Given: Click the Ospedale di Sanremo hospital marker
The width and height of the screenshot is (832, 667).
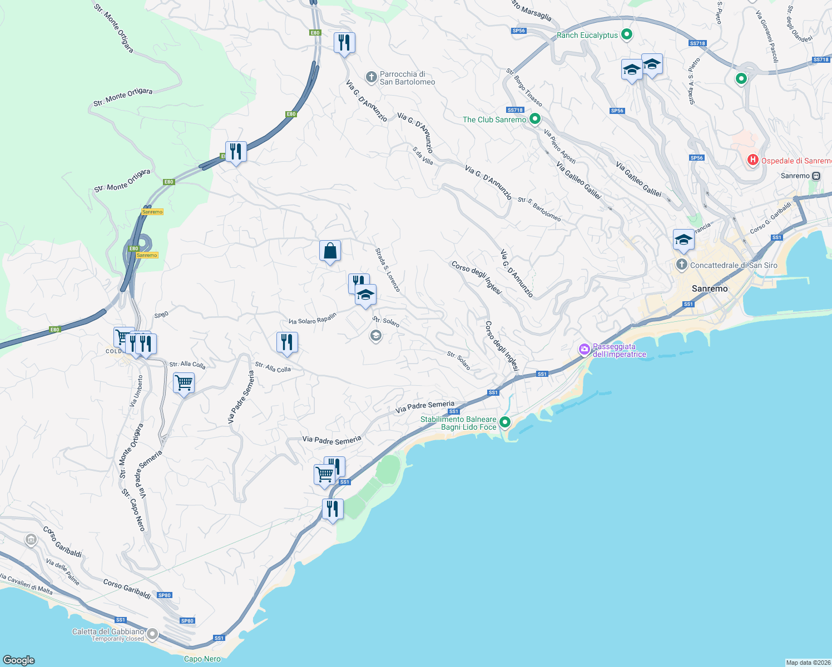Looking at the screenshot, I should pos(752,160).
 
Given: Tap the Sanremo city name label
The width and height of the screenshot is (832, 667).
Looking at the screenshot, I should pos(710,288).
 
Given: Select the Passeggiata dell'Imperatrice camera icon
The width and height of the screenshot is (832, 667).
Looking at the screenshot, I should pos(584,350).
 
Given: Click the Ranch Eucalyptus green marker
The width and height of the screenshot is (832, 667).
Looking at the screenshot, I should pos(627,35).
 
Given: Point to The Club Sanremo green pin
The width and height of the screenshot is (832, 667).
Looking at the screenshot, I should pos(534,119).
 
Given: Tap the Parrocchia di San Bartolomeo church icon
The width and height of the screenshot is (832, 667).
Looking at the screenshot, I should pos(371,76).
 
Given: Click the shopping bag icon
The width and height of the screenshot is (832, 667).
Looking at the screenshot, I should pos(330,251).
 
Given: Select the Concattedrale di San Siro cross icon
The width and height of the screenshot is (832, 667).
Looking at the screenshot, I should pos(681,265).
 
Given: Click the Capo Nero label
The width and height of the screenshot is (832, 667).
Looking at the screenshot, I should pos(202,659).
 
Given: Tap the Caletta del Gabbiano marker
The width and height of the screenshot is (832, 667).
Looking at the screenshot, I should pos(152,634).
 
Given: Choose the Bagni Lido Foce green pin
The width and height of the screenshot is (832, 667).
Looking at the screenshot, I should pos(504,422).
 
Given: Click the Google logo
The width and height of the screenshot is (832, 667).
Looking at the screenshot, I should pos(19,660).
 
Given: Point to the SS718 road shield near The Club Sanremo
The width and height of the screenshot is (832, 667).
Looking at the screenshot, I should pos(515,110).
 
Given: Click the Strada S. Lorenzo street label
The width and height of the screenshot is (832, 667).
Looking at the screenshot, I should pos(388,270).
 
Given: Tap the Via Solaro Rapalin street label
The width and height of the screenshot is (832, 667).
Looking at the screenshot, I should pos(313,318).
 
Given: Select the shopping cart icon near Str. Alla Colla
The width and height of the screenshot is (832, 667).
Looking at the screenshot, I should pos(184,382).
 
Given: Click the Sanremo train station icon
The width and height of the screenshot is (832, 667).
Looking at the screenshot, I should pos(816,176).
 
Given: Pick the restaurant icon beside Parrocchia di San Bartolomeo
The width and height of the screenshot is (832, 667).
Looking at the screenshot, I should pos(344,42).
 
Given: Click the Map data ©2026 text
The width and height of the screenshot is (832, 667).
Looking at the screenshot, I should pos(807,662).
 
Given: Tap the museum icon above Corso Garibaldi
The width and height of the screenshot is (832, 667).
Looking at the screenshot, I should pos(31,539).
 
